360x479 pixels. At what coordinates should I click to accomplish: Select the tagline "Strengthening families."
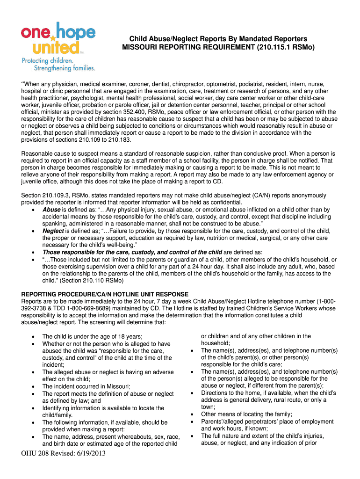click(x=58, y=68)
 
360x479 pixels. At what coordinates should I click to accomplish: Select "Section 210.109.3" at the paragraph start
click(x=44, y=195)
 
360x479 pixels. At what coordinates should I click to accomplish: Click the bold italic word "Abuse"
click(x=51, y=210)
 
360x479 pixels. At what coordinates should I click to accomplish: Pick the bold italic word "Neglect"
click(x=53, y=231)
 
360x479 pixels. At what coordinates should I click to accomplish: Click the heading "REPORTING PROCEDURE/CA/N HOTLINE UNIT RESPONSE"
click(x=105, y=294)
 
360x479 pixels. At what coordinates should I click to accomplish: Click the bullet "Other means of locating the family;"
click(x=246, y=414)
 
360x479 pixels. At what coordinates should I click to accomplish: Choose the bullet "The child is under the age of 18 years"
click(x=92, y=336)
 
